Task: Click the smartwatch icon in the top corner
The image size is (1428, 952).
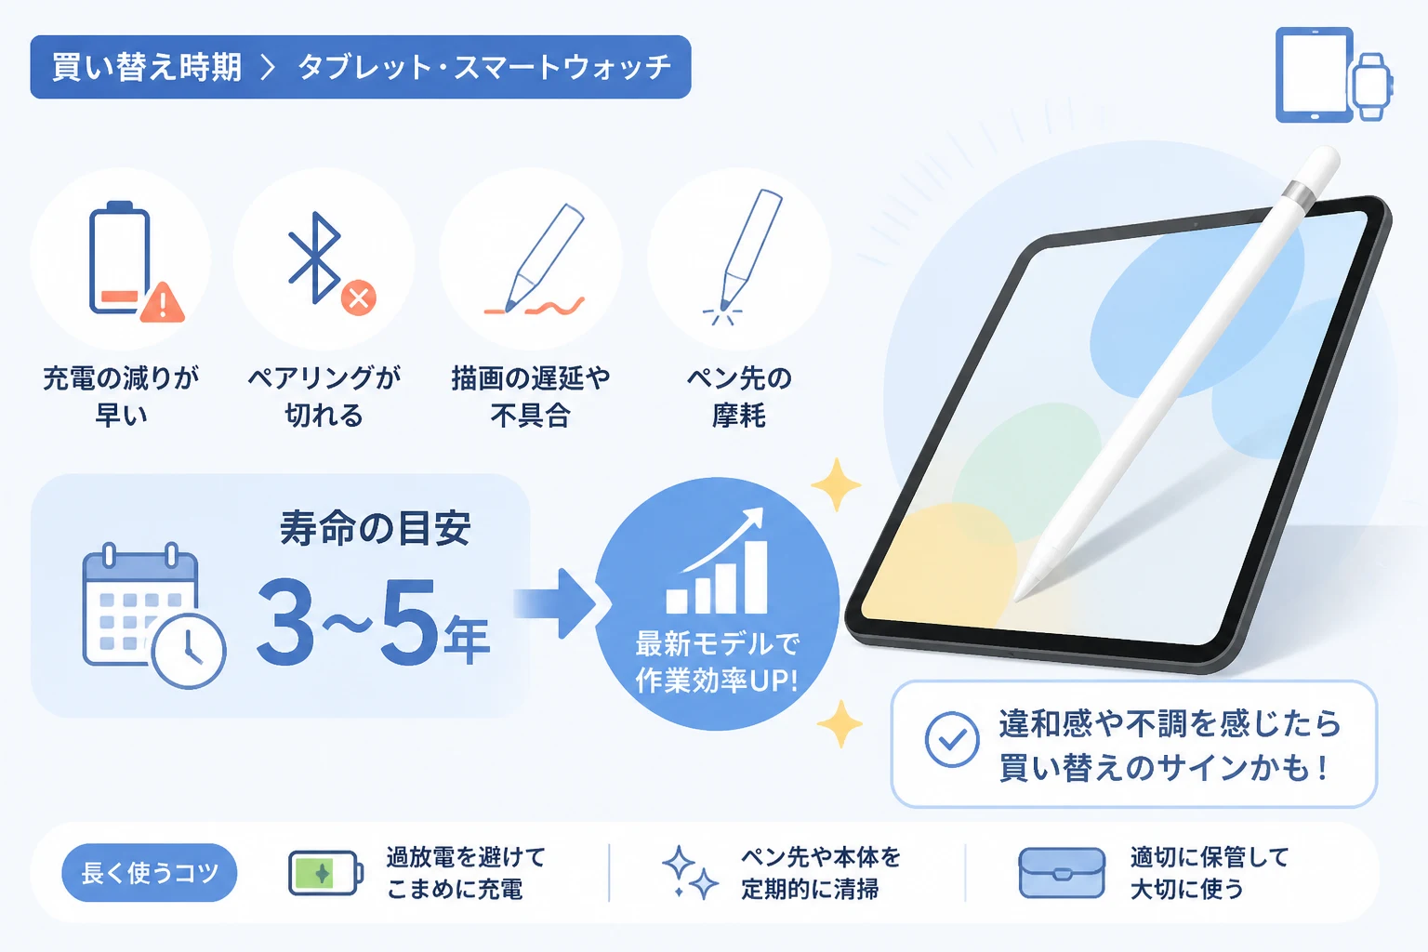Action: (1372, 87)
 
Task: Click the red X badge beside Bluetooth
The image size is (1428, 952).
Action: (358, 297)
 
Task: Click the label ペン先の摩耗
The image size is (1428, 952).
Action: (739, 397)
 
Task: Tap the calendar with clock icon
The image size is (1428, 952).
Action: (153, 615)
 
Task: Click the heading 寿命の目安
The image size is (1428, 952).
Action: (376, 529)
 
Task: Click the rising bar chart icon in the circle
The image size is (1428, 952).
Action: (717, 562)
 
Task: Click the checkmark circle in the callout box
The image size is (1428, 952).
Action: (952, 739)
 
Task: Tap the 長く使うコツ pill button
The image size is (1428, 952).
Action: (149, 872)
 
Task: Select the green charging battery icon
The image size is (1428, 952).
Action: (325, 873)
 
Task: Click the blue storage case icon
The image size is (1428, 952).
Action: (1062, 872)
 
